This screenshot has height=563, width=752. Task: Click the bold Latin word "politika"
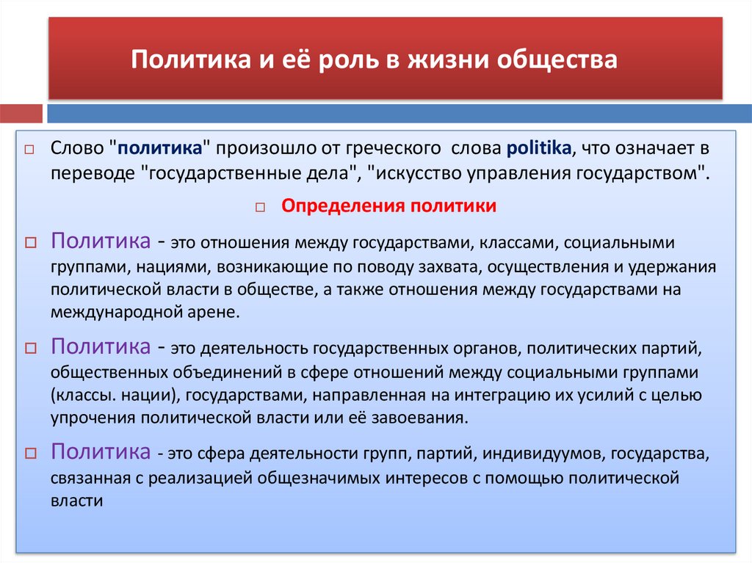point(538,148)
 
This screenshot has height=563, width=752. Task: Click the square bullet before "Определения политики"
point(260,208)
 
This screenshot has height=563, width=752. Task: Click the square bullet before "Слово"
point(29,149)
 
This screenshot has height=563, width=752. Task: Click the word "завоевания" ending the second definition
point(429,418)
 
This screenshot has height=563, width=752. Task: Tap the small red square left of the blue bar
point(21,114)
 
